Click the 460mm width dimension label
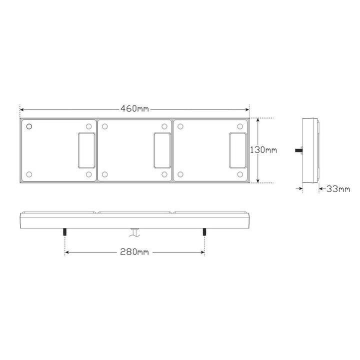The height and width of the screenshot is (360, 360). point(135,108)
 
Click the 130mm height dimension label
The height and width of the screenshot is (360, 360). point(263,150)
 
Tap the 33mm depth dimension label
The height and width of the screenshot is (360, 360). point(338,189)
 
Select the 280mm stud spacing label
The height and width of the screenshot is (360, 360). point(134,252)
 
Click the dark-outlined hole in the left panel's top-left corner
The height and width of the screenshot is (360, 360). point(29,126)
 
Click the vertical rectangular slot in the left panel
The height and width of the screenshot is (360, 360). point(86,150)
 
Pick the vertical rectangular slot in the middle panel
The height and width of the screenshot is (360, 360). point(162,150)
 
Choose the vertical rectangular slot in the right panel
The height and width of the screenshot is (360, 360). point(238,150)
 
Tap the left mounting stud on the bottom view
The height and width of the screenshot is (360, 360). point(65,232)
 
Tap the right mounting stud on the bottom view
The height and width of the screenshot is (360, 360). point(204,232)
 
